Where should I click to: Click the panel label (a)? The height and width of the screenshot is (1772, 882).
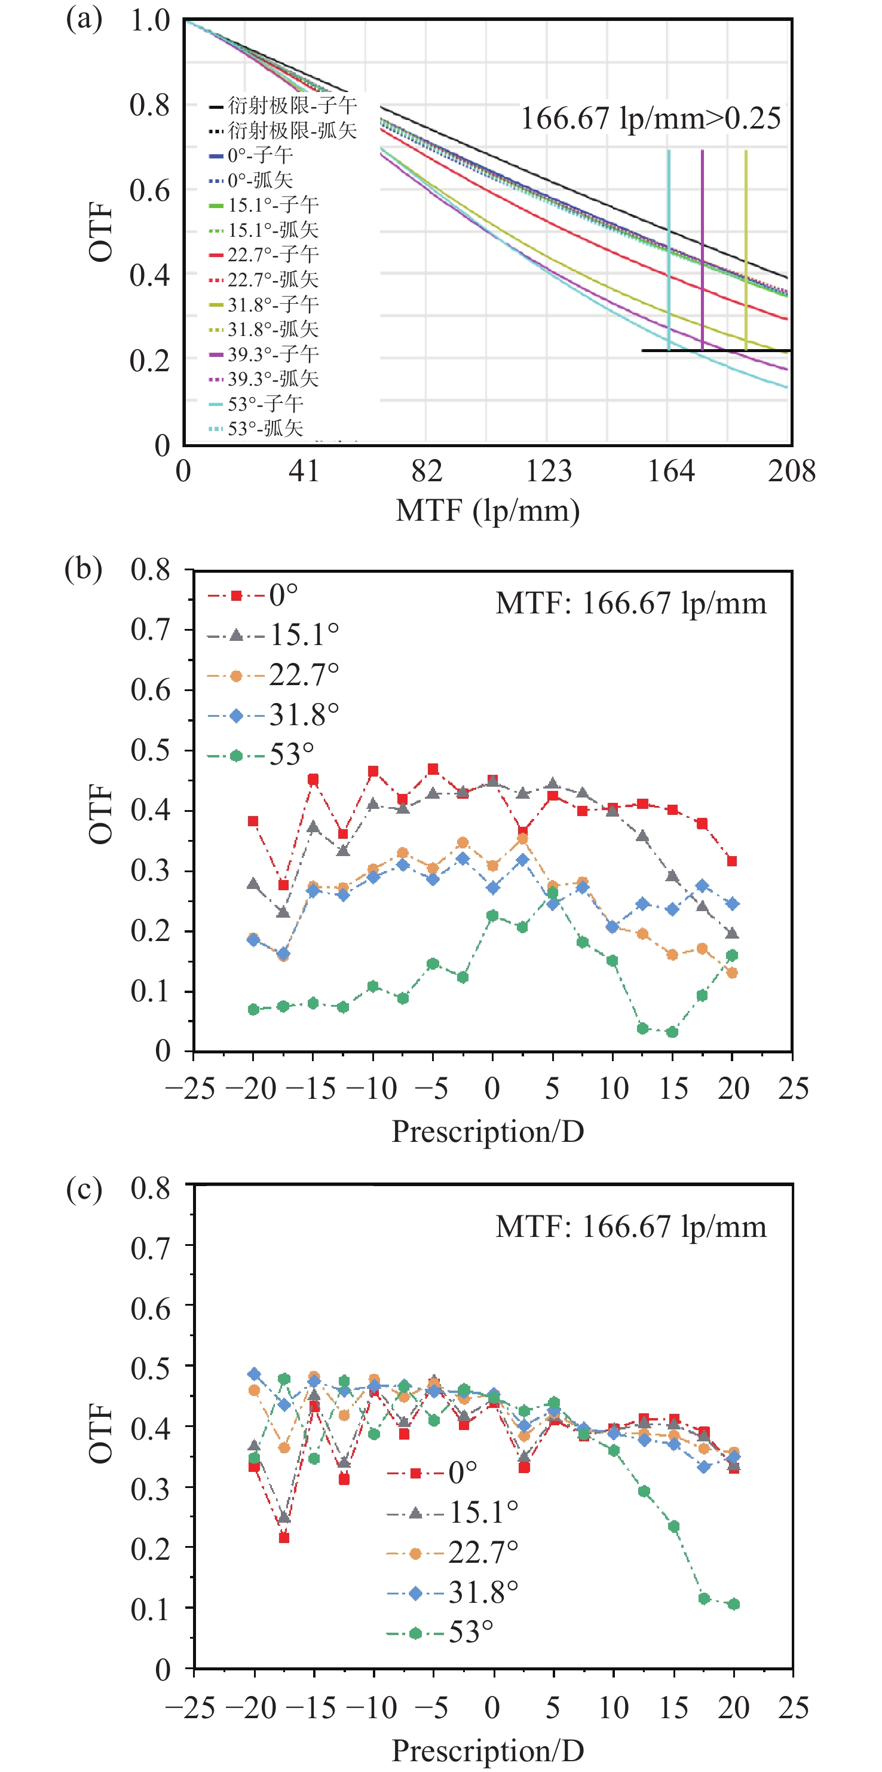point(84,19)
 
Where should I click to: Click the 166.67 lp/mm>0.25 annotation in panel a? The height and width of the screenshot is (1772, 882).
point(650,118)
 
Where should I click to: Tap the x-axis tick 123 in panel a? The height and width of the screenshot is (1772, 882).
point(548,472)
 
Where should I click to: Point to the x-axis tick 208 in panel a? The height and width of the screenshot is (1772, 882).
point(791,472)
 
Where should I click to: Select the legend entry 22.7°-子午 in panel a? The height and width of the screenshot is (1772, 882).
point(264,255)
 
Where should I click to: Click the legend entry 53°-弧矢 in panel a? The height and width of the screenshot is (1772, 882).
point(256,429)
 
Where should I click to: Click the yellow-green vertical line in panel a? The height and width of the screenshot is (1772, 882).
point(746,248)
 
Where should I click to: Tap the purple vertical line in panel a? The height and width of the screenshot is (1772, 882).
point(702,248)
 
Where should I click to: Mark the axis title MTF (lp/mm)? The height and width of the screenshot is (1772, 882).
point(488,511)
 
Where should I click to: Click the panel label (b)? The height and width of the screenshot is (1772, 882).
point(83,569)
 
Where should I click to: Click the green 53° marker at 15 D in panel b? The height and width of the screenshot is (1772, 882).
point(672,1032)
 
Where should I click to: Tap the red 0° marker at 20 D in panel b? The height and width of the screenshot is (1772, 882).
point(732,861)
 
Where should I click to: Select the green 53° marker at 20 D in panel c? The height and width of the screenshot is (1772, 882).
point(734,1604)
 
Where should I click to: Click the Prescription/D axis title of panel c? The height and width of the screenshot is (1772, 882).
point(488,1750)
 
